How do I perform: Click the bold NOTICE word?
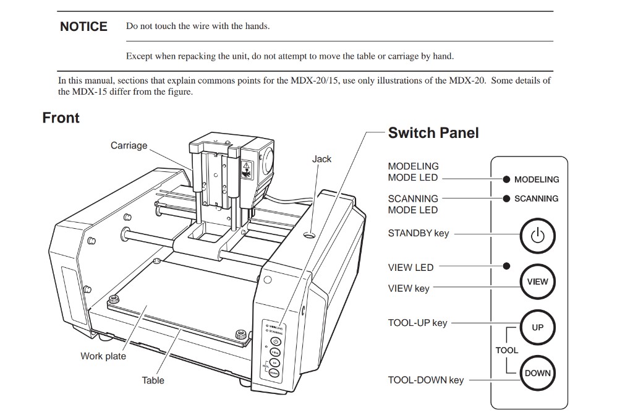(83, 27)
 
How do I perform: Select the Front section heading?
(61, 118)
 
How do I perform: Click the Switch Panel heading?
(433, 133)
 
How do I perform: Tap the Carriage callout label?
(129, 145)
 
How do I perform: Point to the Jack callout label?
(321, 159)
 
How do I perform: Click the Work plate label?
(103, 356)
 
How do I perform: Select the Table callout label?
(153, 380)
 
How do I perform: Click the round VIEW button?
(537, 281)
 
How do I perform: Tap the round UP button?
(537, 327)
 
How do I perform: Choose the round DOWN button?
(537, 373)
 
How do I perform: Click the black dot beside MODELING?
(506, 179)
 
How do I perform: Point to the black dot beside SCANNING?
(506, 199)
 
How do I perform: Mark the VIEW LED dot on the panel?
(506, 266)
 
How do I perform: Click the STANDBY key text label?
(418, 234)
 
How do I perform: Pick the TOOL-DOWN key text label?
(425, 380)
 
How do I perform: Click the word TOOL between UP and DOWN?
(506, 350)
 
